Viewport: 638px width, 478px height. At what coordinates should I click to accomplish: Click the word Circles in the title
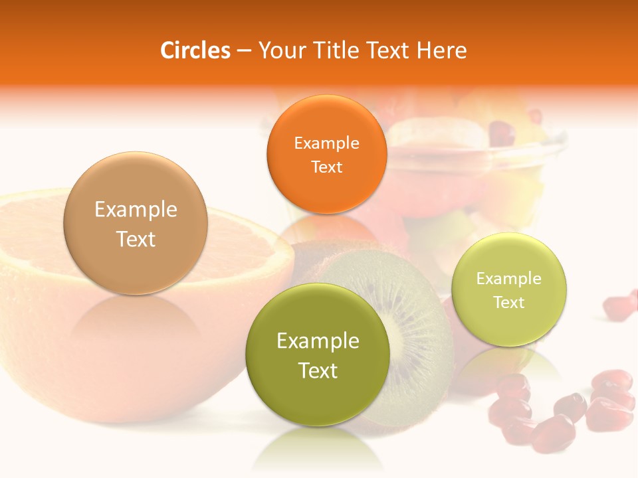pos(195,50)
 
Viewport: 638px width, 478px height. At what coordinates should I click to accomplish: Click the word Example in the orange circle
pos(326,143)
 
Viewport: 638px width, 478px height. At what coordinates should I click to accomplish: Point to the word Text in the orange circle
pos(326,167)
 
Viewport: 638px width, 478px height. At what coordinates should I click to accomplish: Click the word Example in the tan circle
pos(136,209)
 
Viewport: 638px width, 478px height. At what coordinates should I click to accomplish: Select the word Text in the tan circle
pos(136,239)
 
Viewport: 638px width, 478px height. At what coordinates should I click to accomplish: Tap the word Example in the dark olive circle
pos(318,341)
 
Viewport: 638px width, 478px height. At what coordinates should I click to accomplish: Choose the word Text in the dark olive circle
pos(318,370)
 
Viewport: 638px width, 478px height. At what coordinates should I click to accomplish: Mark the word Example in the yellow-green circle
pos(508,278)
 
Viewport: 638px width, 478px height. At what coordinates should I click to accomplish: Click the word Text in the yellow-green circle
pos(508,302)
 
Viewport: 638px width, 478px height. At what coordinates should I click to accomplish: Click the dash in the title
pos(244,51)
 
